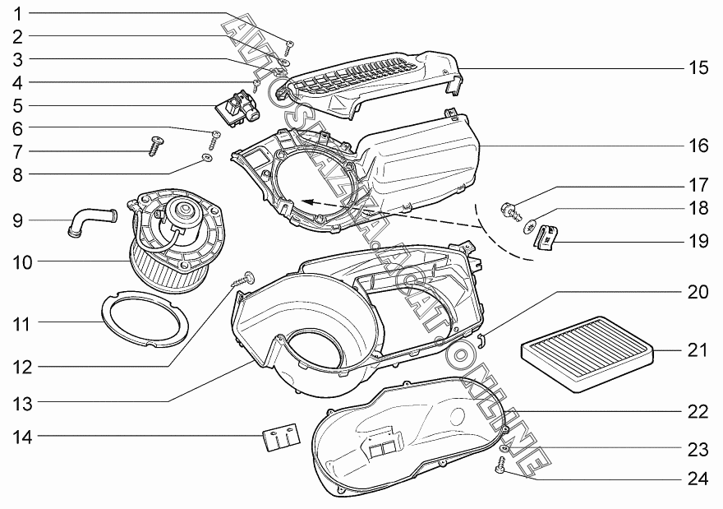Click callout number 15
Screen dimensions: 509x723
tap(698, 67)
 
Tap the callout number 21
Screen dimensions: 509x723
tap(697, 349)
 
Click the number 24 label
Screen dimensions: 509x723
tap(698, 479)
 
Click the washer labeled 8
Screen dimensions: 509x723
tap(207, 157)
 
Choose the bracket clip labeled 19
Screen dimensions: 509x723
tap(546, 237)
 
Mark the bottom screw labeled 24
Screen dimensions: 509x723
tap(499, 468)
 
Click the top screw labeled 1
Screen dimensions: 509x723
tap(289, 44)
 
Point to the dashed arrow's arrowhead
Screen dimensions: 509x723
tap(306, 200)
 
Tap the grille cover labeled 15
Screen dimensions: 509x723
tap(370, 78)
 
